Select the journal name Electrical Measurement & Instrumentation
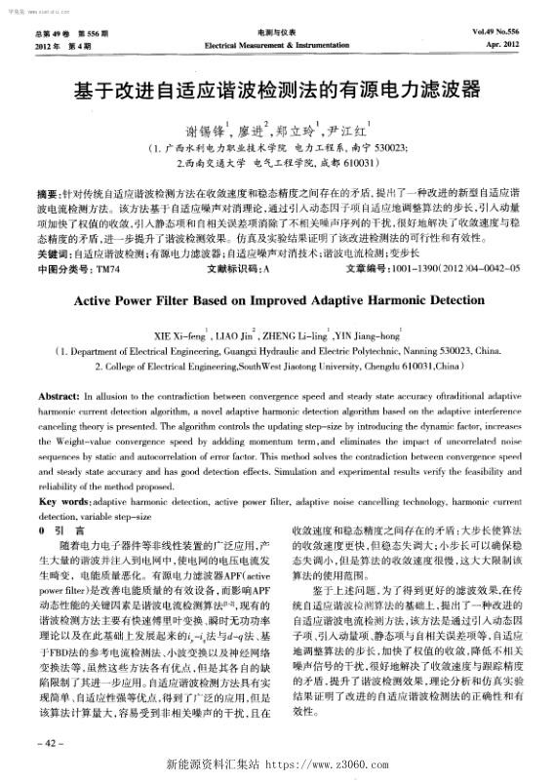(x=277, y=45)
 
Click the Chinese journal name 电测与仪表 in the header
(x=277, y=33)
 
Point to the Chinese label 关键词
(x=45, y=226)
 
